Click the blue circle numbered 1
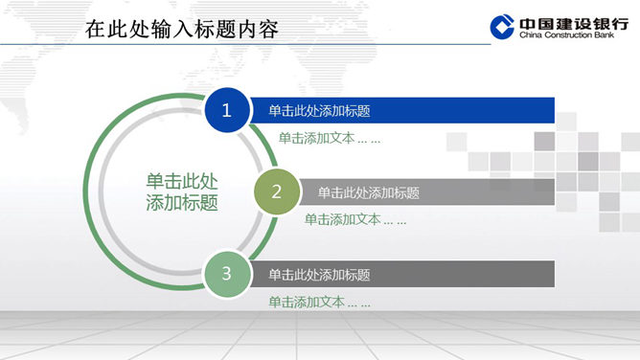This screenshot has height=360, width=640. click(x=227, y=110)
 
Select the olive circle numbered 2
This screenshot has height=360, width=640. click(x=277, y=191)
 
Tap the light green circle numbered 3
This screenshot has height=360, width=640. click(x=227, y=274)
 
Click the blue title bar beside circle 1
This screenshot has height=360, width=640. click(x=402, y=110)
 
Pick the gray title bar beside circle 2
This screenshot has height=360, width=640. click(x=427, y=192)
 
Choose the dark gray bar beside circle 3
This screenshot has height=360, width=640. click(x=402, y=274)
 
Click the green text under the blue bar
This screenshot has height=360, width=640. click(x=330, y=138)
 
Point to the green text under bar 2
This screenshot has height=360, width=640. click(x=355, y=220)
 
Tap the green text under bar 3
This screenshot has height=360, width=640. click(x=320, y=303)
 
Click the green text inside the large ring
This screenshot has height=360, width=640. click(x=182, y=191)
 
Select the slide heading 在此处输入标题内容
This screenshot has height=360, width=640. click(x=182, y=29)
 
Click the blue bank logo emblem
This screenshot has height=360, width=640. click(x=502, y=27)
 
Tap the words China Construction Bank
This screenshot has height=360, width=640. click(x=566, y=35)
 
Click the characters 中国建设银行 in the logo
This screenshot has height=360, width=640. click(x=574, y=24)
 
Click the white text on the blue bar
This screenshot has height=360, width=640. click(x=319, y=111)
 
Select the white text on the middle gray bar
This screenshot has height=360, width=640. click(x=369, y=192)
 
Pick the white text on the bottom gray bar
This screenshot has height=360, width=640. click(x=319, y=275)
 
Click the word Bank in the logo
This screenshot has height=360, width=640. click(x=605, y=35)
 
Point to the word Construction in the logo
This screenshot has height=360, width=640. click(x=568, y=35)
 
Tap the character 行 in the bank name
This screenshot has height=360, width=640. click(x=620, y=24)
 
